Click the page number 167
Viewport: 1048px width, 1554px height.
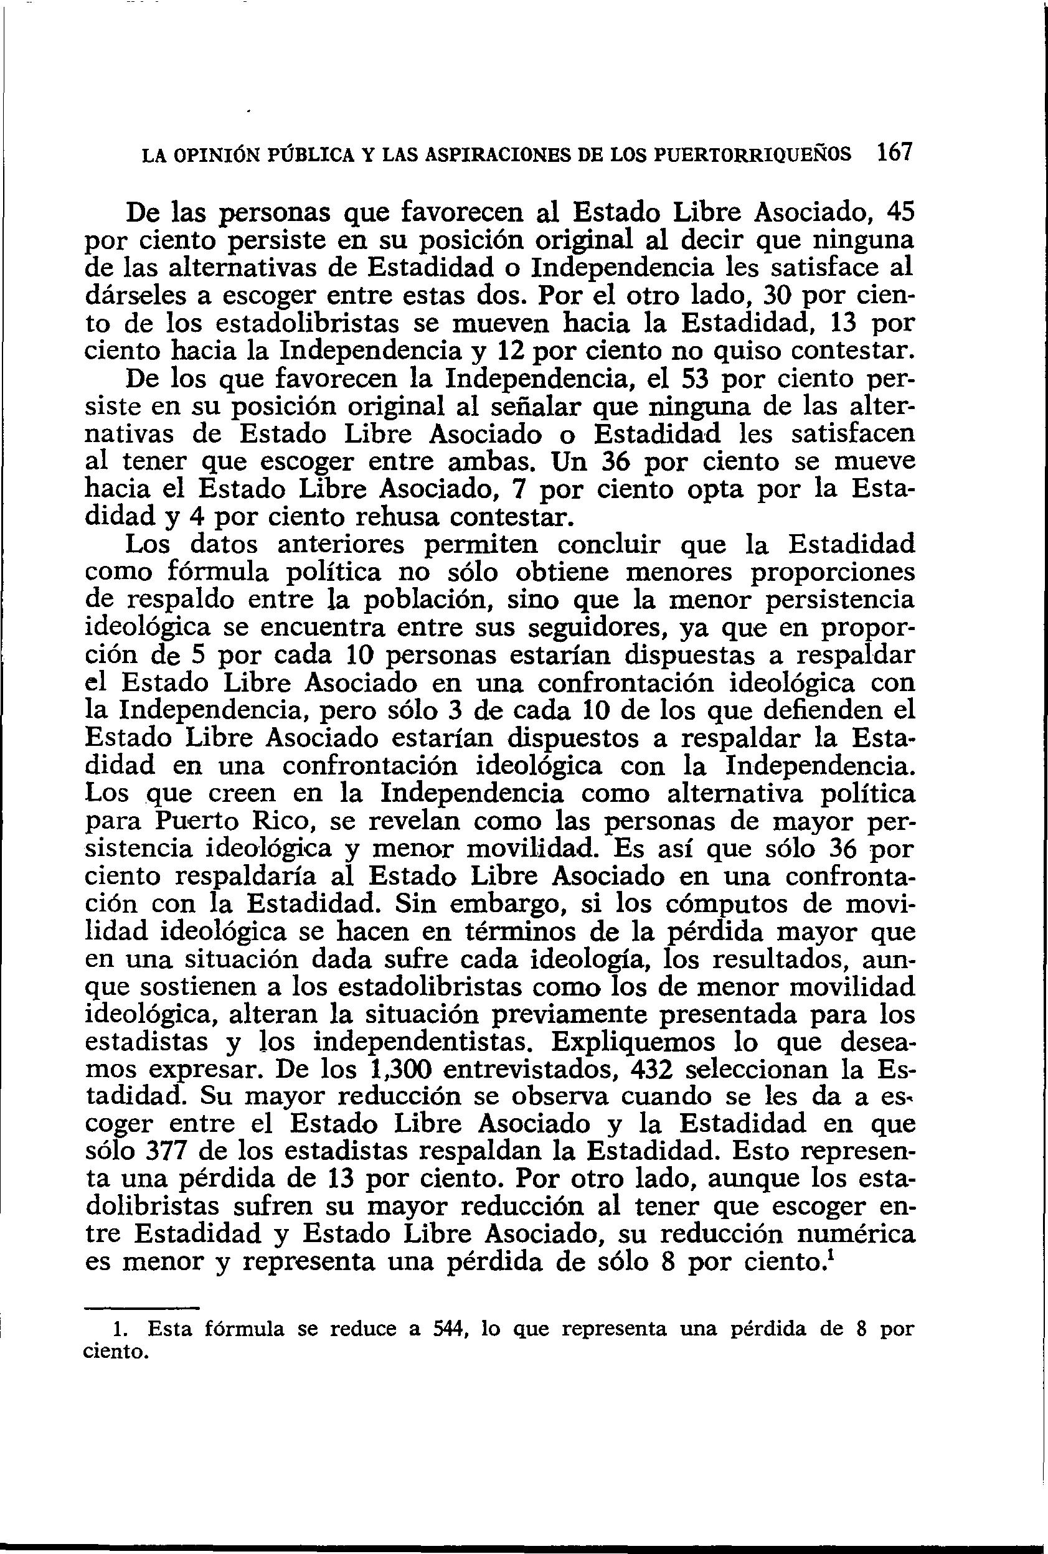[x=894, y=154]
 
